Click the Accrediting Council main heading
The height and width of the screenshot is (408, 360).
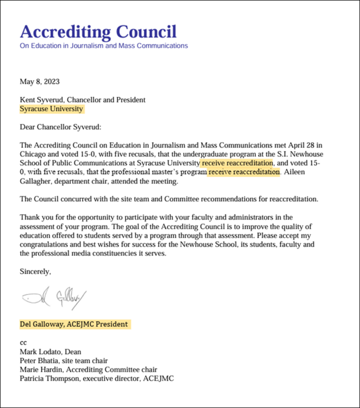(x=98, y=31)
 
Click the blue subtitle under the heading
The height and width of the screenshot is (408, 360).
(x=104, y=45)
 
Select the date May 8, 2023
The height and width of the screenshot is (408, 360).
(x=39, y=82)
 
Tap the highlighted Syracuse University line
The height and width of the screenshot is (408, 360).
(x=51, y=109)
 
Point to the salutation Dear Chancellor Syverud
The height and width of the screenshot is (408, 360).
(x=61, y=127)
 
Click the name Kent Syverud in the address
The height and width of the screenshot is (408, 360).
(x=39, y=100)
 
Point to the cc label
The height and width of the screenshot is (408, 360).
(x=23, y=342)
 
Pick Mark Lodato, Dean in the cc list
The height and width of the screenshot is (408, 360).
(x=50, y=352)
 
